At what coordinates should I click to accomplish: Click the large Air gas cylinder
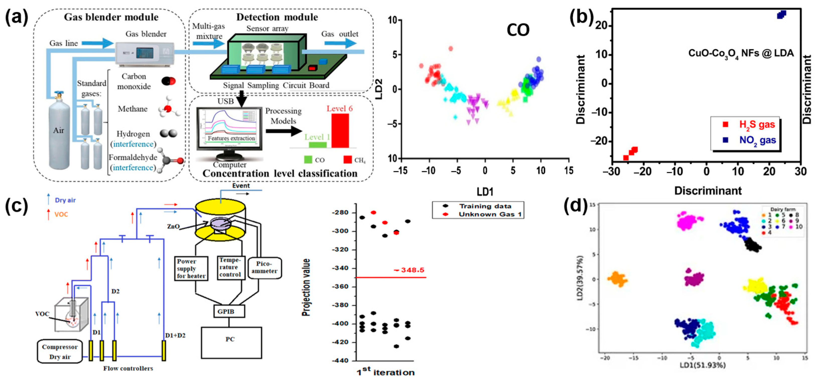tap(59, 133)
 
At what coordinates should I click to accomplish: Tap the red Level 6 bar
tap(340, 130)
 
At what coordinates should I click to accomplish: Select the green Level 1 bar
tap(318, 145)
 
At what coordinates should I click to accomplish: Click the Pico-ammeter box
tap(264, 268)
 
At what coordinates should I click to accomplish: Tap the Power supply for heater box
tap(191, 268)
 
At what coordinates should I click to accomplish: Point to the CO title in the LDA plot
tap(518, 30)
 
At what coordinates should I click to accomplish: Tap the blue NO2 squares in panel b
tap(781, 15)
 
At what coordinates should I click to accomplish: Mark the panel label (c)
tap(17, 206)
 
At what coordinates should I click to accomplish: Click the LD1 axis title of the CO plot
tap(485, 192)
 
